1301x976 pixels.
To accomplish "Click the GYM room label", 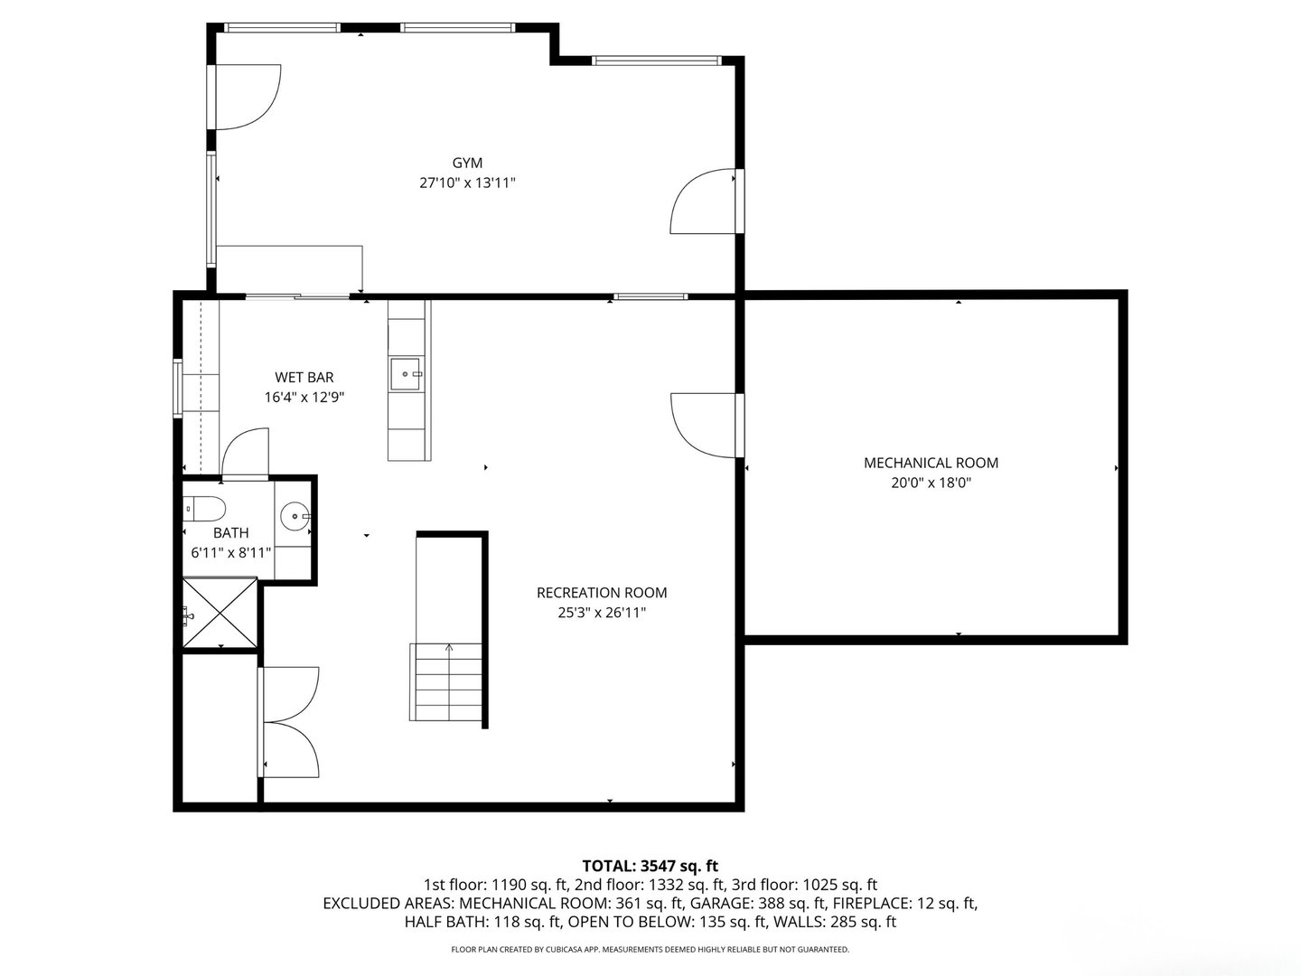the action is tap(467, 163).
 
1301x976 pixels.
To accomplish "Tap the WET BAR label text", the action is tap(304, 378).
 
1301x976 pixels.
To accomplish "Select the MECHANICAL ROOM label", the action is tap(931, 463).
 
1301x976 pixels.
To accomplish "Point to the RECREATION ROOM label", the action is tap(602, 593).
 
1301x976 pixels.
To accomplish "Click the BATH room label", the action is tap(230, 533).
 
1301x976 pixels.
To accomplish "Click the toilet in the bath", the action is tap(204, 508).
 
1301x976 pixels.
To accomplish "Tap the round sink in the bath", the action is tap(294, 516).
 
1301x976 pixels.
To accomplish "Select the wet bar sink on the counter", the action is tap(406, 374).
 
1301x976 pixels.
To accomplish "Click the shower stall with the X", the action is tap(220, 613).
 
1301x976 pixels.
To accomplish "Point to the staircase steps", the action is tap(445, 682).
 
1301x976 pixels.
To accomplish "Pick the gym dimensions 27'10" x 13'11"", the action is tap(467, 183).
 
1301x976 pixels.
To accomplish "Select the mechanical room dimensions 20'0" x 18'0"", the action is tap(931, 483).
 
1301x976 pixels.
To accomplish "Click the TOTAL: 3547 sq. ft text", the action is tap(650, 867).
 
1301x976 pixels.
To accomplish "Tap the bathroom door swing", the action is tap(245, 452).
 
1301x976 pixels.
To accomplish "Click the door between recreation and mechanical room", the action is tap(707, 426).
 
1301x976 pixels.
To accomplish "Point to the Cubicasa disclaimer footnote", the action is tap(650, 949).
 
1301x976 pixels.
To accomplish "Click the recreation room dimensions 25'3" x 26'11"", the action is tap(602, 613).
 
